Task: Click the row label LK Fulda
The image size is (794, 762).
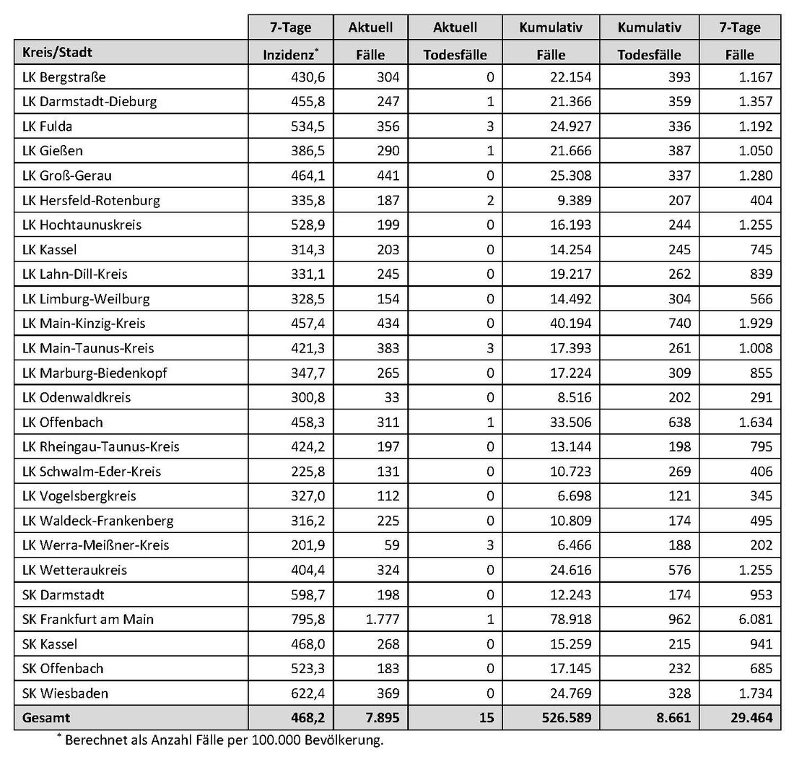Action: click(48, 126)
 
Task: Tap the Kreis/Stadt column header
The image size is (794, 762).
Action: click(57, 53)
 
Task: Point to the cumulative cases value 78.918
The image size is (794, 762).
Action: click(570, 619)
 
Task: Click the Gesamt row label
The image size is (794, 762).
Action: click(47, 718)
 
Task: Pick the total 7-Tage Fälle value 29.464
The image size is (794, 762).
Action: click(749, 718)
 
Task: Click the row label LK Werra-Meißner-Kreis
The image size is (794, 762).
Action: click(95, 545)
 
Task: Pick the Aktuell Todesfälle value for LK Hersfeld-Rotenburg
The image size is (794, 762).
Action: click(490, 200)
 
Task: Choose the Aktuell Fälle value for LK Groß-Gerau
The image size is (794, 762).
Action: click(388, 176)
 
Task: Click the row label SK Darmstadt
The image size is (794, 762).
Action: click(64, 594)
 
